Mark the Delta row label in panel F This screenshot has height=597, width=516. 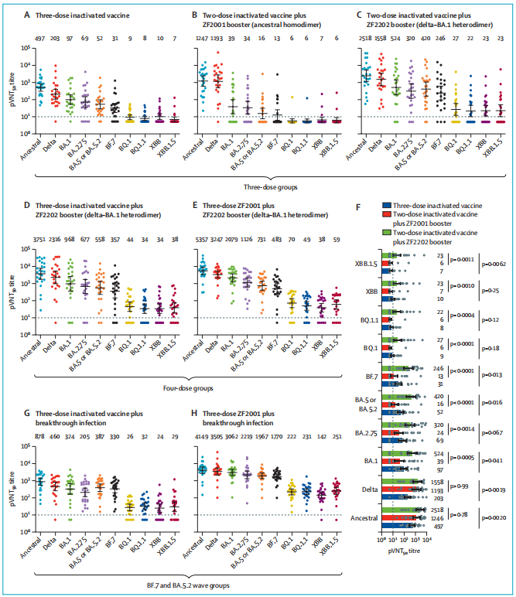tap(370, 489)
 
